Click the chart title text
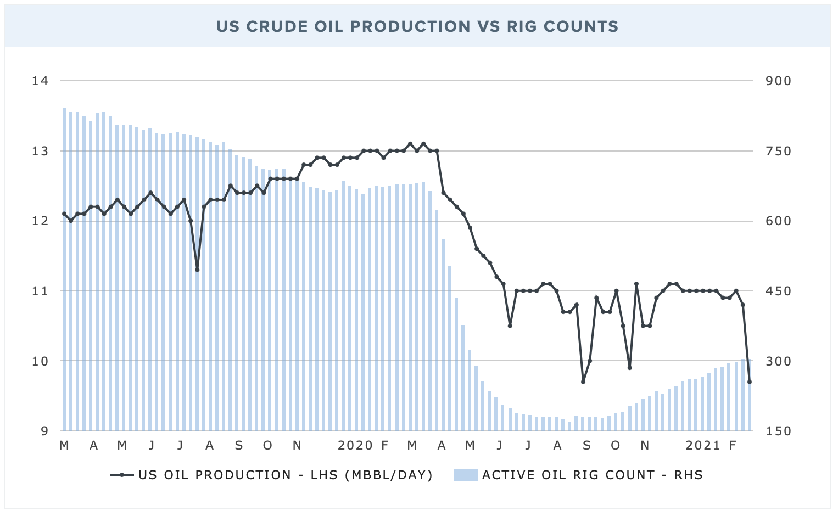coord(417,26)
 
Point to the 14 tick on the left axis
coord(41,81)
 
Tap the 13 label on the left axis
coord(41,151)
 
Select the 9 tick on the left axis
coord(45,431)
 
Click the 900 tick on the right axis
coord(779,81)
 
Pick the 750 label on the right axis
coord(779,151)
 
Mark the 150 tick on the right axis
coord(779,431)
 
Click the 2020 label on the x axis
coord(355,445)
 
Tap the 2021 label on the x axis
coord(703,445)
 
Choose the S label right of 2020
coord(586,445)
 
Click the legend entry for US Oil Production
coord(272,475)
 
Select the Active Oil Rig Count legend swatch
coord(465,475)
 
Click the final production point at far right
coord(750,382)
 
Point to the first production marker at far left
coord(64,214)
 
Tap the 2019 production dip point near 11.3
coord(197,270)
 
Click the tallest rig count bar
coord(64,269)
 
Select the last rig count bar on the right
coord(750,395)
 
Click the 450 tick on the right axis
coord(779,291)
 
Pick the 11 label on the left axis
coord(41,291)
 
